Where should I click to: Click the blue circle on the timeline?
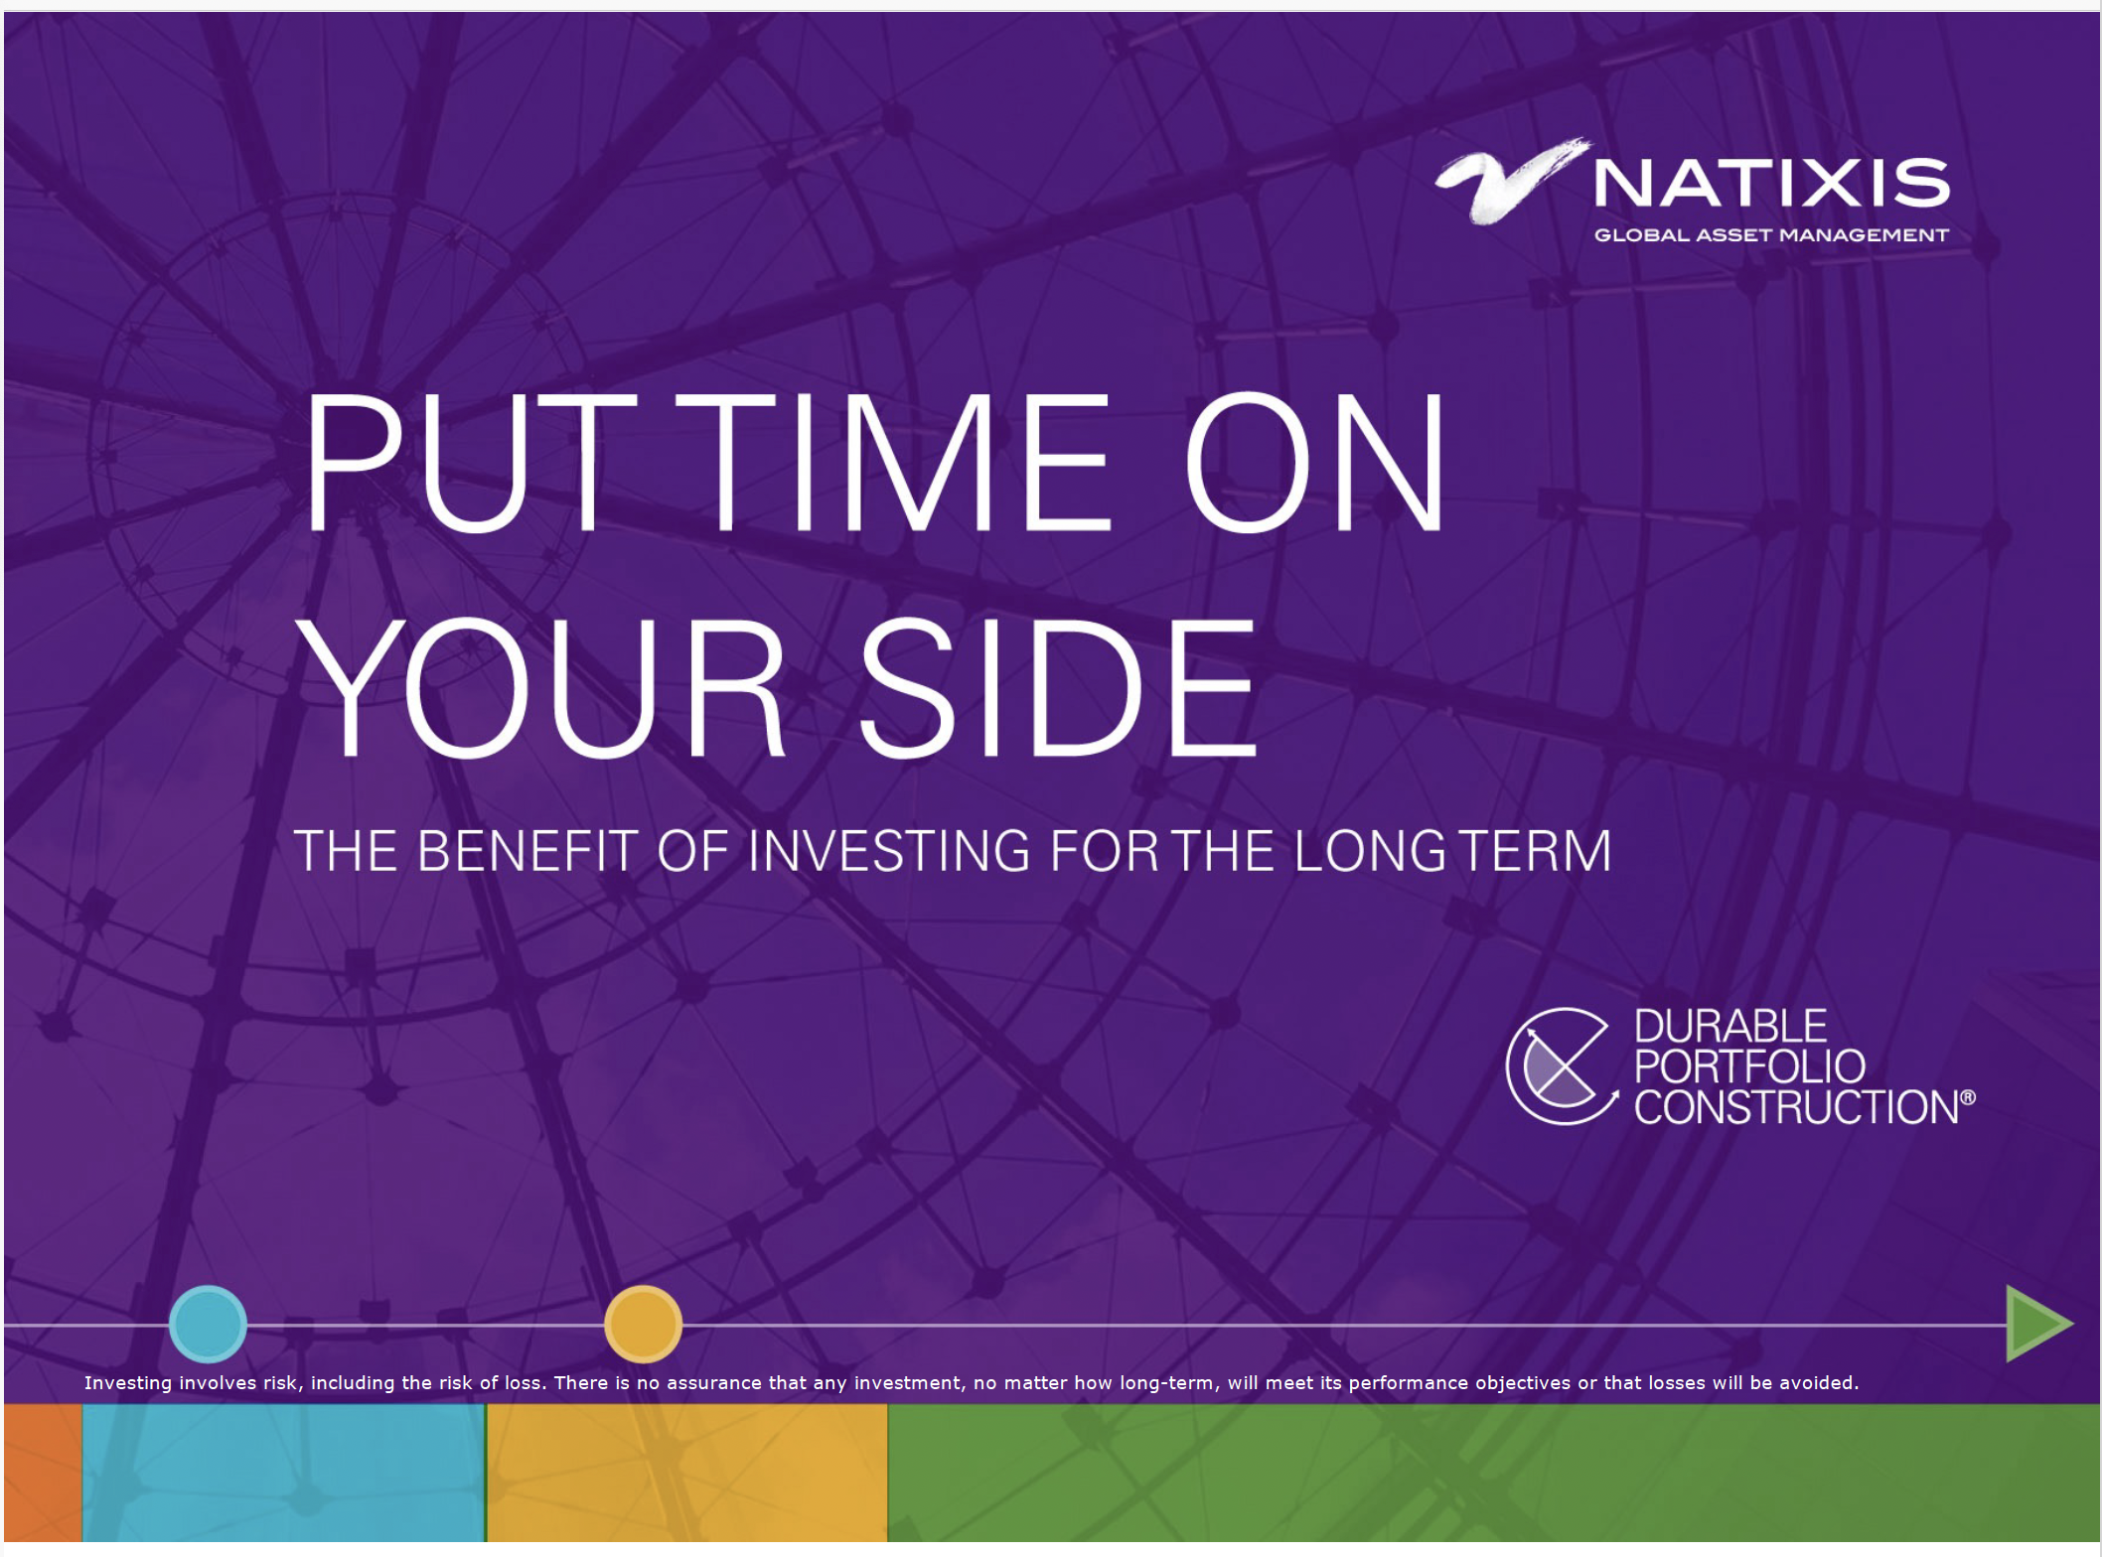click(208, 1324)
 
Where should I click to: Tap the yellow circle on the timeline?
click(643, 1324)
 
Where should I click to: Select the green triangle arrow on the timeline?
click(2038, 1324)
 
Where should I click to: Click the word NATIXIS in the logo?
click(1771, 184)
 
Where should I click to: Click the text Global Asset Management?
click(1771, 235)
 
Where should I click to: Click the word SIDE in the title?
click(1058, 687)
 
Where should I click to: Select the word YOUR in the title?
click(541, 687)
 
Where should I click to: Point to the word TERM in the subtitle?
click(1534, 851)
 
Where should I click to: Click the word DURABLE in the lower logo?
click(1730, 1027)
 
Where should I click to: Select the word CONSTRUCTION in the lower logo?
click(1797, 1107)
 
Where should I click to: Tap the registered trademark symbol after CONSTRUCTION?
click(1968, 1097)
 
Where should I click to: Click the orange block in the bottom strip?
click(43, 1473)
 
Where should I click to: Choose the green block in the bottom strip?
click(1494, 1473)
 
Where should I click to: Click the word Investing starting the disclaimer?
click(128, 1383)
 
